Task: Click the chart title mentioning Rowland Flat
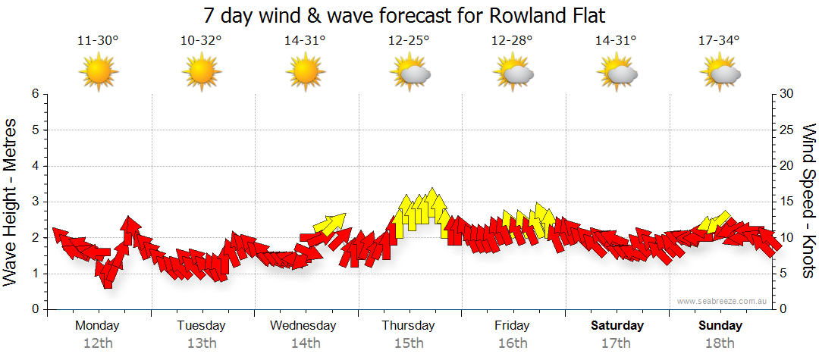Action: (409, 15)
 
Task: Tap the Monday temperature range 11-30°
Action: (98, 40)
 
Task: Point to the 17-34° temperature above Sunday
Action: (719, 40)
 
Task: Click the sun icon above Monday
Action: (98, 73)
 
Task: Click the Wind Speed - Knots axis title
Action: (808, 202)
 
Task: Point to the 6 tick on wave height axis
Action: (34, 94)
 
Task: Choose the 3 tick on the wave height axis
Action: (34, 202)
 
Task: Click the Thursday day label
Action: (409, 326)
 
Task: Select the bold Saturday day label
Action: (617, 326)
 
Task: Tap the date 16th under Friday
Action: (512, 343)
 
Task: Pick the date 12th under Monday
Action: (98, 343)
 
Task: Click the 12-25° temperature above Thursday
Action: (409, 40)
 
